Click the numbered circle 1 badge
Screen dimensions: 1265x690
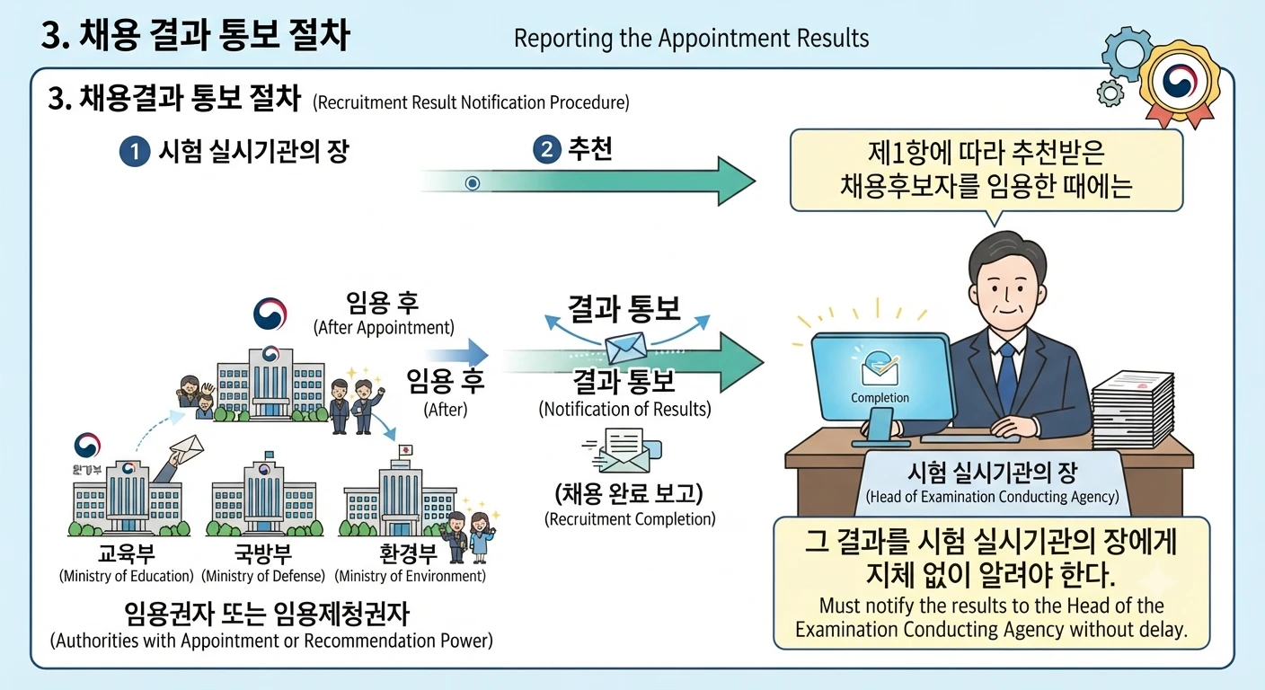(x=135, y=151)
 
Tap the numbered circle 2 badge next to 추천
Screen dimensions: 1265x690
(x=546, y=150)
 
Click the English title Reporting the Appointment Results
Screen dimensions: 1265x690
(x=691, y=39)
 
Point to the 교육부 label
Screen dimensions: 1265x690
(x=126, y=554)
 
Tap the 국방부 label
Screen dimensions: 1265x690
(x=263, y=554)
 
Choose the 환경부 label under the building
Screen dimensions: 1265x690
(x=408, y=554)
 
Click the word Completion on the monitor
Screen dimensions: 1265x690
(x=880, y=397)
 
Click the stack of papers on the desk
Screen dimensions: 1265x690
(x=1133, y=409)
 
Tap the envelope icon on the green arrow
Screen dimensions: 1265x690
(x=625, y=348)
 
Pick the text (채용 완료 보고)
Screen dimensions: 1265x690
(x=629, y=493)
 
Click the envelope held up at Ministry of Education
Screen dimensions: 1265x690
(x=187, y=448)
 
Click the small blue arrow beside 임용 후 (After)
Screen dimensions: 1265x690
(x=456, y=355)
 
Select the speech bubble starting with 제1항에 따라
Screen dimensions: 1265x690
(x=986, y=171)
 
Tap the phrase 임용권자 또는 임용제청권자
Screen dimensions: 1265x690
(x=267, y=614)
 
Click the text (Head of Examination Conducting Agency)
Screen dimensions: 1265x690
(x=992, y=497)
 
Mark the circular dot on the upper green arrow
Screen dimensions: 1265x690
(x=473, y=183)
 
